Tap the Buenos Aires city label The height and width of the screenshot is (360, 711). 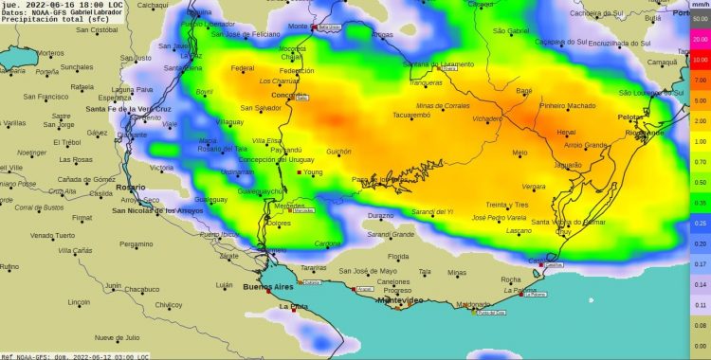click(x=270, y=286)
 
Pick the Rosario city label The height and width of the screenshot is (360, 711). click(x=130, y=188)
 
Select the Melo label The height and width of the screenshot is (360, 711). click(x=520, y=153)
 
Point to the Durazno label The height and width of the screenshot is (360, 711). click(x=380, y=216)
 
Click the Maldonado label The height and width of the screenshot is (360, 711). click(x=473, y=304)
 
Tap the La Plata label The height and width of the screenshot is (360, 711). click(x=292, y=306)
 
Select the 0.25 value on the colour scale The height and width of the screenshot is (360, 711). click(x=701, y=223)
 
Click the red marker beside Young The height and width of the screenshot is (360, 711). click(x=300, y=172)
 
